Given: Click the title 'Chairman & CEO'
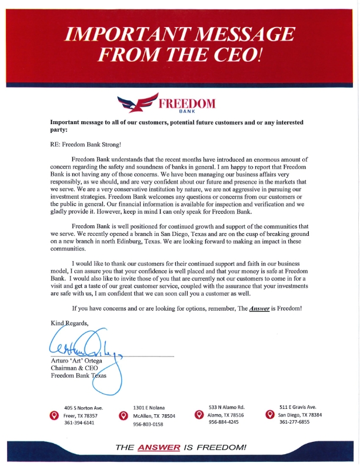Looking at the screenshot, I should pos(75,368).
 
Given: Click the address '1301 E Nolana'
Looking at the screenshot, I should pos(149,408).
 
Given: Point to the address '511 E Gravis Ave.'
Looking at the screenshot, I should pos(297,407).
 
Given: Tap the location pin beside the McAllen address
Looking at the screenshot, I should pos(124,415).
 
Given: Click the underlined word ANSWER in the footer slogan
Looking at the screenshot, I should pos(158,447).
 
